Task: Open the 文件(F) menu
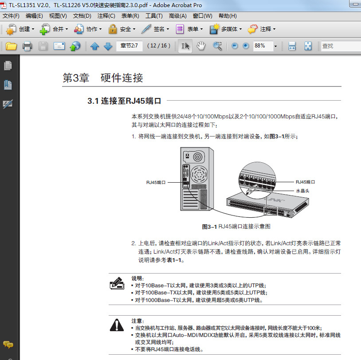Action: click(11, 16)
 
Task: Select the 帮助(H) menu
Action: click(228, 16)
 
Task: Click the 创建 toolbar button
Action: click(20, 29)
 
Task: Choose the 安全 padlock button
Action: click(122, 29)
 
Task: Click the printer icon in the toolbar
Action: click(27, 46)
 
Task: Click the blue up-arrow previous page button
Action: click(94, 46)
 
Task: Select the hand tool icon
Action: click(201, 46)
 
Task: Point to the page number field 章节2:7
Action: click(129, 46)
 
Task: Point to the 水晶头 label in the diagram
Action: click(302, 191)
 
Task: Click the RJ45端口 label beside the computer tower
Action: click(156, 182)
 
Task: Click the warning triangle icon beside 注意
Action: click(117, 325)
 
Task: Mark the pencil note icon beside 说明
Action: click(117, 283)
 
